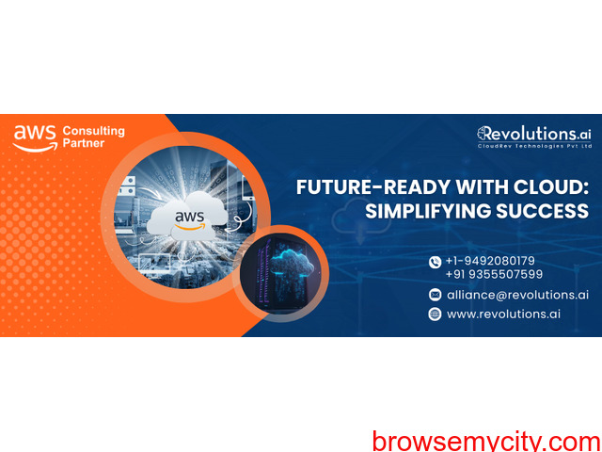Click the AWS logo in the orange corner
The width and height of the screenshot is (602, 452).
(36, 138)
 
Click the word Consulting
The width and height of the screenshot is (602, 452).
(94, 132)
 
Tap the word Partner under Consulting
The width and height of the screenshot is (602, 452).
(84, 143)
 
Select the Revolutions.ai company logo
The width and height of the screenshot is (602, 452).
(534, 137)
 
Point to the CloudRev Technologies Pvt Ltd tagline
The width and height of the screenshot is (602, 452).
(534, 146)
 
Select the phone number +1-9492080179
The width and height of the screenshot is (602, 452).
(490, 261)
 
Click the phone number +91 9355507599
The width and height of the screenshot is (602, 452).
(494, 274)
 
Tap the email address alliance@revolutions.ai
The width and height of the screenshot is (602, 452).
(517, 295)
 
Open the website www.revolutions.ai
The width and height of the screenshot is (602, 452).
(503, 314)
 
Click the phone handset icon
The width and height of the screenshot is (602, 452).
(435, 263)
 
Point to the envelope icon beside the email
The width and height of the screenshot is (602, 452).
(435, 295)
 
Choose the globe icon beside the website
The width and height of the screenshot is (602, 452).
(435, 314)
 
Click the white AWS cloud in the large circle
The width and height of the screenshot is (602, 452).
(187, 218)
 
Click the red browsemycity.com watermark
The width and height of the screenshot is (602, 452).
(487, 442)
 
